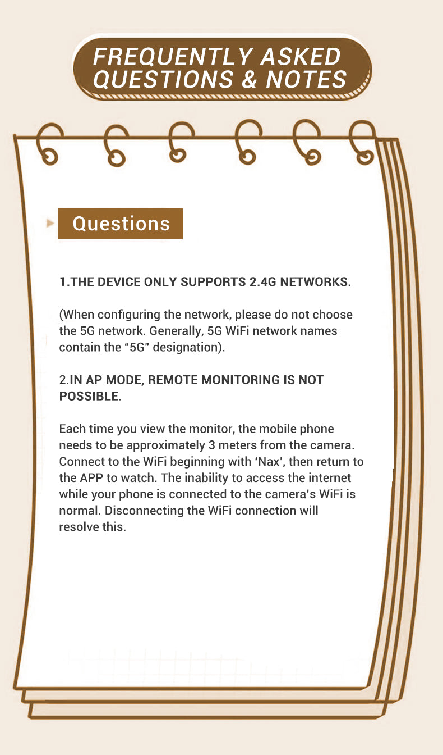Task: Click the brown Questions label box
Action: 121,224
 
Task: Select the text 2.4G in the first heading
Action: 263,281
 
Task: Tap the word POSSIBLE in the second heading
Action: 89,396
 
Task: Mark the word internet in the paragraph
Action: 325,478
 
